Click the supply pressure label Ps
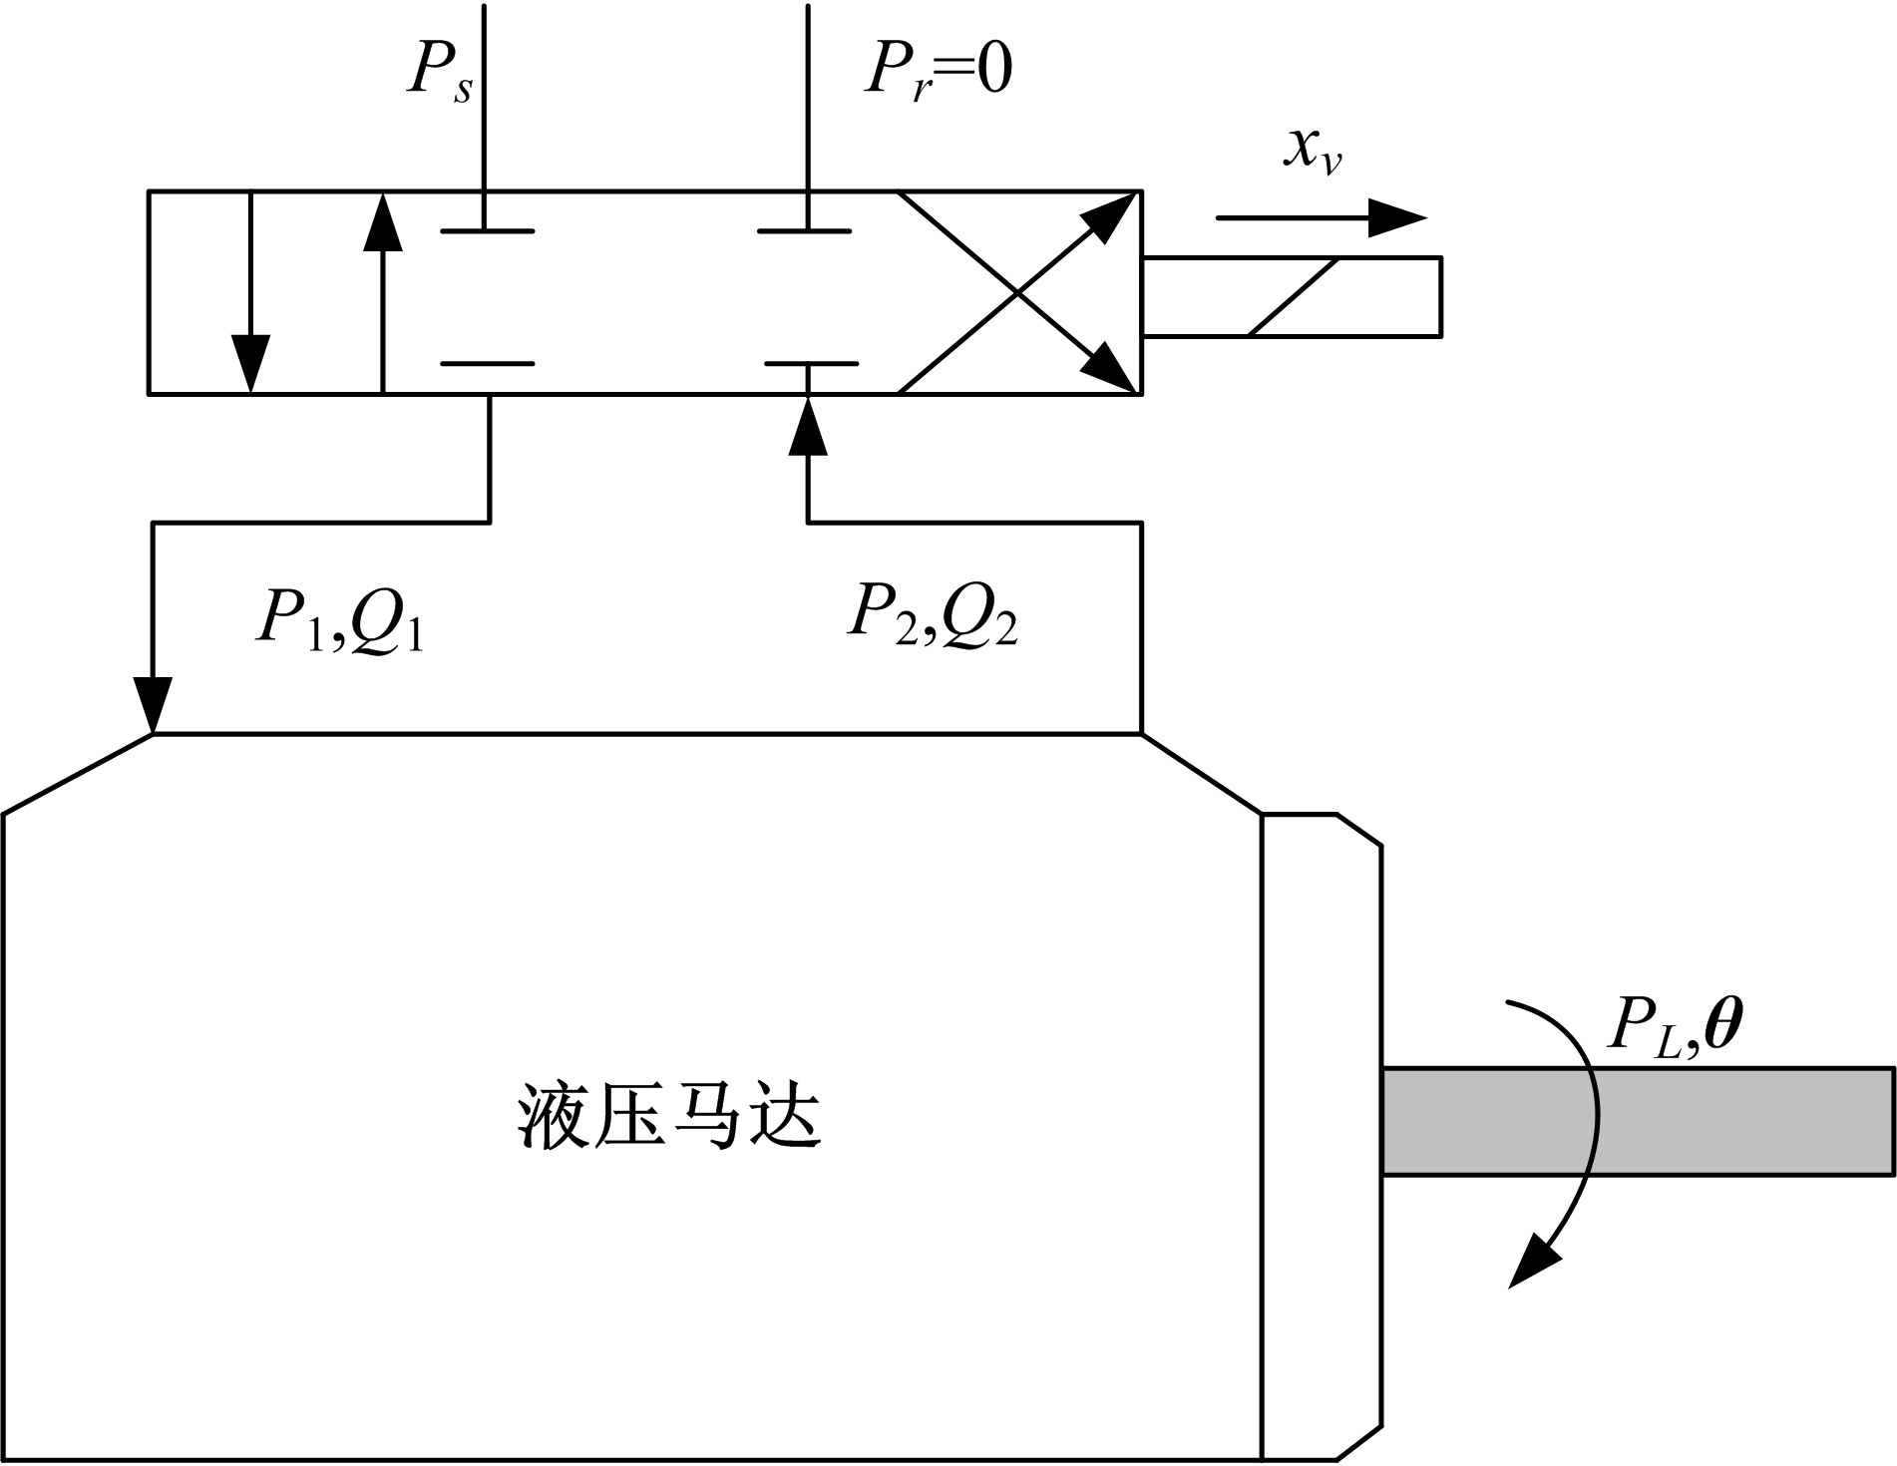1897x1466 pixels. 439,72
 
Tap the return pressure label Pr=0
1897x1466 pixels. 938,72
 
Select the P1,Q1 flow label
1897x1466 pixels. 340,620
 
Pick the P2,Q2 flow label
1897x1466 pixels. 933,614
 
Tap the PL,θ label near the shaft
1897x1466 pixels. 1676,1027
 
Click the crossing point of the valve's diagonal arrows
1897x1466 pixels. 1018,292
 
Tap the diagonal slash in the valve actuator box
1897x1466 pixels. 1293,297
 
